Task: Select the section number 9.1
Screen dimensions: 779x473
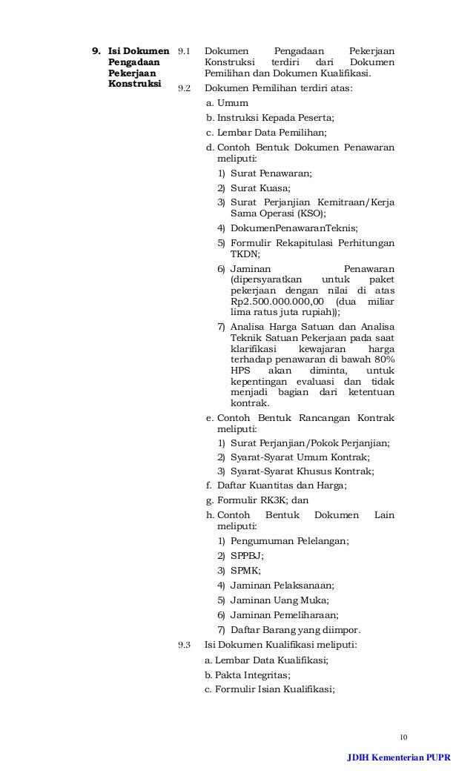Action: [x=184, y=51]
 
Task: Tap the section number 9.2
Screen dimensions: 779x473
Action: [x=184, y=88]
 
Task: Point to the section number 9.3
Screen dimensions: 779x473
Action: [x=184, y=645]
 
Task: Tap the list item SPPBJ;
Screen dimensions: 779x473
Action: [x=247, y=555]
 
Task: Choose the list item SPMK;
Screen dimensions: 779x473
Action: [x=245, y=570]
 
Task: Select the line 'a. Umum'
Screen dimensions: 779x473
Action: [x=227, y=103]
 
